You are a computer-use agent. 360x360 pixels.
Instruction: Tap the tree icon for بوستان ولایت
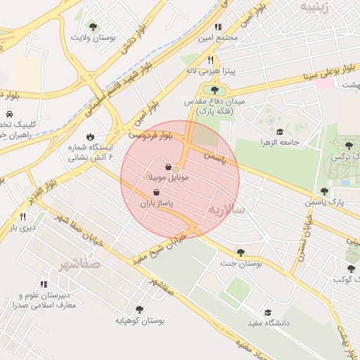point(93,27)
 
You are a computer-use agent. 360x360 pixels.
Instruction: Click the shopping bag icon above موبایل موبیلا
point(169,167)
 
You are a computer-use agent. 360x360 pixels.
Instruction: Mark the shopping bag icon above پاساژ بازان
point(155,191)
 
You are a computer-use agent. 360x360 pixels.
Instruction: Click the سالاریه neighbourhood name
point(226,210)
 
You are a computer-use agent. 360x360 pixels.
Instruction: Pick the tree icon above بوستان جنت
point(240,252)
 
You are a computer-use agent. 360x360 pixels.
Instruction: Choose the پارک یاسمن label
point(327,202)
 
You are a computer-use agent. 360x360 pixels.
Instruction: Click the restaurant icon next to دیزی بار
point(22,217)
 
